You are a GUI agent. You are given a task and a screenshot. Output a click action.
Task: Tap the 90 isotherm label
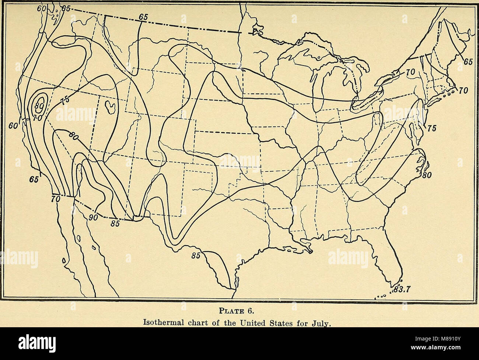pyautogui.click(x=94, y=218)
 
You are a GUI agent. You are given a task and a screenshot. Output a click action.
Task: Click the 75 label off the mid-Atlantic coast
pyautogui.click(x=432, y=128)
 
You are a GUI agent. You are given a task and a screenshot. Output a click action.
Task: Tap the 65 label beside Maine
pyautogui.click(x=467, y=63)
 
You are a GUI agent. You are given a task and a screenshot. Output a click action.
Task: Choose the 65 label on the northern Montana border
pyautogui.click(x=144, y=17)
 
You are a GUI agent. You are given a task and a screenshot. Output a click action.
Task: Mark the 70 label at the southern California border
pyautogui.click(x=56, y=199)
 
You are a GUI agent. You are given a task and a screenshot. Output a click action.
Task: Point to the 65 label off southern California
pyautogui.click(x=34, y=180)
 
